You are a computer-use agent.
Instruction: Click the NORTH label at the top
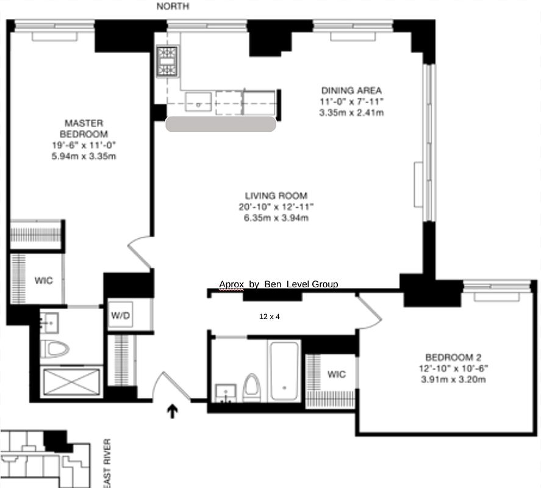click(173, 6)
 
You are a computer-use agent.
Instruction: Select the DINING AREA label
click(352, 91)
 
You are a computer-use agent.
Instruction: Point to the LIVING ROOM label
click(271, 196)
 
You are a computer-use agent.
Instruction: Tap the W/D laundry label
click(120, 316)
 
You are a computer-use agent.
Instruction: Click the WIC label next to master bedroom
click(43, 281)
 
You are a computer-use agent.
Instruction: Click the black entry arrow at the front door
click(172, 412)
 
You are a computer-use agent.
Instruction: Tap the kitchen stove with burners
click(166, 61)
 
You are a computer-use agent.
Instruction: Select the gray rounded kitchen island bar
click(220, 124)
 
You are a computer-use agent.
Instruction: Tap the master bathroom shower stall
click(71, 382)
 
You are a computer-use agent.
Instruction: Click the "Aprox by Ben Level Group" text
click(278, 284)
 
